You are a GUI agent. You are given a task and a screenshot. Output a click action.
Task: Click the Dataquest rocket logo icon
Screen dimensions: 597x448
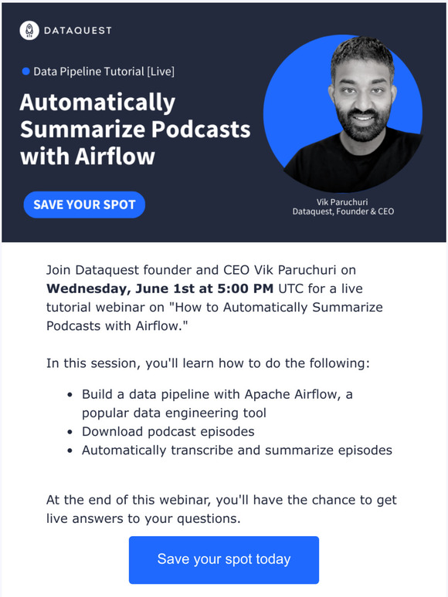(29, 30)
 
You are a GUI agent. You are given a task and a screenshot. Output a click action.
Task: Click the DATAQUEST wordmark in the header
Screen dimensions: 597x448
(78, 30)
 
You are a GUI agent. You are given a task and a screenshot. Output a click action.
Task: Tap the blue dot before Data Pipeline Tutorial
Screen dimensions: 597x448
(26, 72)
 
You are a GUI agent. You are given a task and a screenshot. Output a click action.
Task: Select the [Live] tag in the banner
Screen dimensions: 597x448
(160, 72)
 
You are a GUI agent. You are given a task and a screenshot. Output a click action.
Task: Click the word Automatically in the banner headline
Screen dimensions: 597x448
(97, 103)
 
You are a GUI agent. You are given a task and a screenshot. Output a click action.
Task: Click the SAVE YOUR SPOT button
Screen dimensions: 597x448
(84, 204)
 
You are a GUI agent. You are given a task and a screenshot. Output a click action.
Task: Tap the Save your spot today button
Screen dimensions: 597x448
(224, 559)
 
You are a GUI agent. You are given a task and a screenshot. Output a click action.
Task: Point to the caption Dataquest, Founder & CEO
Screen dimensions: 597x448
(342, 211)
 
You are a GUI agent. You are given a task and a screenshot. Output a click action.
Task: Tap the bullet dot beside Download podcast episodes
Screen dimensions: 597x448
(70, 432)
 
